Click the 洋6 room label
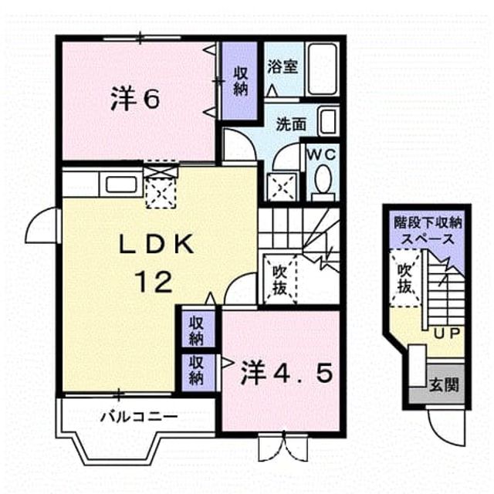[135, 99]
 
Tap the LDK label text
[156, 245]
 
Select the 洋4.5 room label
[286, 374]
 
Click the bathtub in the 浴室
[322, 69]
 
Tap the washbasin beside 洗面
[328, 121]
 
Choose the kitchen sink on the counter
[121, 184]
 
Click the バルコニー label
[139, 418]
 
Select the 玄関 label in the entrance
[444, 384]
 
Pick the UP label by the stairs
[448, 333]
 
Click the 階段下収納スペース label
[428, 232]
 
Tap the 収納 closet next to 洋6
[240, 81]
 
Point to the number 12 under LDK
[154, 282]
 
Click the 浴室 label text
[283, 67]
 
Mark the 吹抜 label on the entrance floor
[404, 278]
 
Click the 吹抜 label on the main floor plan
[279, 279]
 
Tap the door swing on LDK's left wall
[41, 225]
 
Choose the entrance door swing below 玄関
[445, 428]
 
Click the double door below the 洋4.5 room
[283, 448]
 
